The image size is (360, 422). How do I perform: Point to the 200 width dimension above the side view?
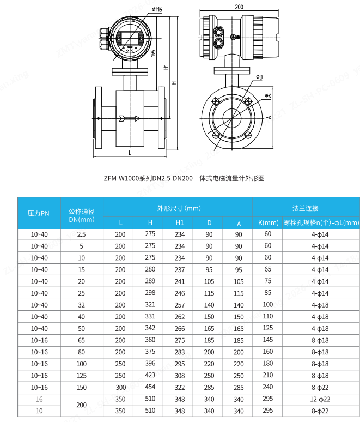(239, 7)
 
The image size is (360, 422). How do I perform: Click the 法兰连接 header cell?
(306, 208)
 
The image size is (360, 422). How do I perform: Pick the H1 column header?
(179, 223)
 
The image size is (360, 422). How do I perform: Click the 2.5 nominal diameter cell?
(82, 234)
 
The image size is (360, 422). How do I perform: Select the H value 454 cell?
(150, 387)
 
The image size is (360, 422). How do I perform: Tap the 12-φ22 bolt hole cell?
(320, 399)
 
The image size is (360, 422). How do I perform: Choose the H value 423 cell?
(150, 375)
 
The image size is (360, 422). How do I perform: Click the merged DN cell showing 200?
(82, 405)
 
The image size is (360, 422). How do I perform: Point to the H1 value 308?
(179, 376)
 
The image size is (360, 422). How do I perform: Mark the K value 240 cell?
(267, 387)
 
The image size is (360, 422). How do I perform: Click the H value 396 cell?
(150, 364)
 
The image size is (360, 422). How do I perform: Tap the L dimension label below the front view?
(130, 154)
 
